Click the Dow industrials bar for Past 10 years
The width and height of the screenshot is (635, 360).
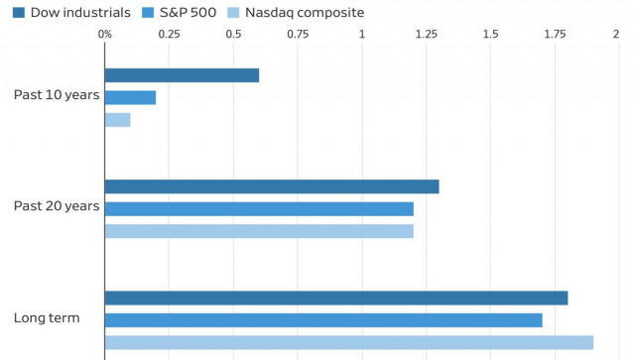(182, 75)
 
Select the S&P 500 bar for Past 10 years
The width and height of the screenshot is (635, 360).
(130, 97)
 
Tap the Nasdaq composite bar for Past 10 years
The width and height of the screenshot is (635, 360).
(117, 120)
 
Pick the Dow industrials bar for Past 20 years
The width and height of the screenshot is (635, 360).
(272, 186)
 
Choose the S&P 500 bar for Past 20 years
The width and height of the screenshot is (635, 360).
(259, 208)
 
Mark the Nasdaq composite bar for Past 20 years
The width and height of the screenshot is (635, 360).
(259, 231)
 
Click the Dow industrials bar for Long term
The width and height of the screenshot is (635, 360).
(336, 298)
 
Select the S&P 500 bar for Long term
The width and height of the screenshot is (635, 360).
(323, 320)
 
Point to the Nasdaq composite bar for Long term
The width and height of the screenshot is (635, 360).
(349, 342)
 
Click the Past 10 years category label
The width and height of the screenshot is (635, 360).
(57, 95)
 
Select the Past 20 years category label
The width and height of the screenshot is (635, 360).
(57, 206)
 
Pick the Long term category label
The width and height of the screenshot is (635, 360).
(47, 318)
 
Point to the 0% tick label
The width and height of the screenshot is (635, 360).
(105, 34)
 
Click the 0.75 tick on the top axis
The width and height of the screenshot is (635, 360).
(298, 34)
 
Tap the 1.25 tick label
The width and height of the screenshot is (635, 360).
(426, 34)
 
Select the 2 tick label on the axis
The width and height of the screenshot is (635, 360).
(617, 34)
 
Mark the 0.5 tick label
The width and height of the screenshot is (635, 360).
(233, 34)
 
